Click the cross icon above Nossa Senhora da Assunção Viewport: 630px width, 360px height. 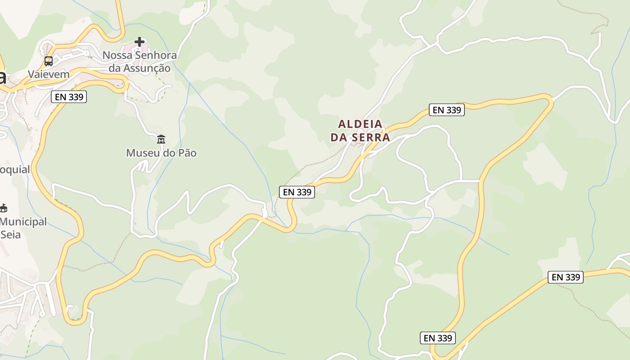tap(139, 42)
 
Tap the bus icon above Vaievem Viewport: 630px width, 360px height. tap(49, 61)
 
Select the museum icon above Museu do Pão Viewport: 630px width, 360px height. tap(161, 139)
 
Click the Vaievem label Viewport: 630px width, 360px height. tap(49, 74)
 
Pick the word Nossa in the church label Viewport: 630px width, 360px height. tap(114, 55)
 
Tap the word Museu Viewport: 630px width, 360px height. tap(143, 153)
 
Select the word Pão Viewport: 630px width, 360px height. tap(186, 153)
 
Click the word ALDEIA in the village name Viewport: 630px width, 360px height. tap(360, 124)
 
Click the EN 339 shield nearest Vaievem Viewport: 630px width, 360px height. tap(68, 96)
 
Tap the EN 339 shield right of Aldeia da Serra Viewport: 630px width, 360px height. tap(446, 110)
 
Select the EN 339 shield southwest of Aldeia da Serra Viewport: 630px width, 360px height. tap(297, 192)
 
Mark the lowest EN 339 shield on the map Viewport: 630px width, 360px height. tap(437, 338)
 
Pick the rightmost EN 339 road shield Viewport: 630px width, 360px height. tap(565, 277)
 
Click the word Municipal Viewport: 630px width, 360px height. tap(23, 222)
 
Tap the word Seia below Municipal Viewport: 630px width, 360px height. tap(10, 234)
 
